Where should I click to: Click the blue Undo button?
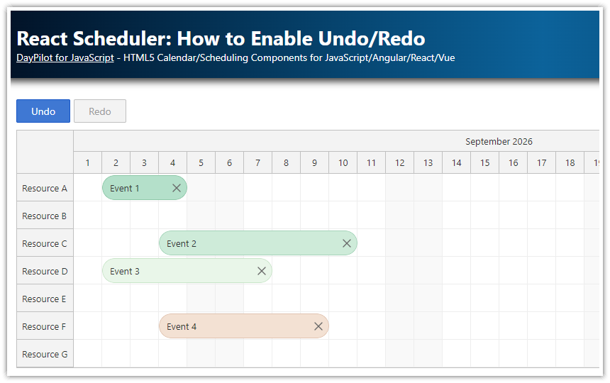tap(43, 111)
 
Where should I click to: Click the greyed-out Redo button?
tap(100, 111)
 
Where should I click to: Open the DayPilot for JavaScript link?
tap(65, 57)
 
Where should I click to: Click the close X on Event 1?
tap(177, 188)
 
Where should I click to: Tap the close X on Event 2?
tap(347, 243)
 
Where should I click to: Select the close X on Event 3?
tap(262, 271)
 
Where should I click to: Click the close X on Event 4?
tap(318, 326)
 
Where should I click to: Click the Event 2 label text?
tap(182, 243)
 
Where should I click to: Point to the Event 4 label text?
tap(182, 326)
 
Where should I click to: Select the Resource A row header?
tap(45, 188)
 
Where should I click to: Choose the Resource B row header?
tap(45, 216)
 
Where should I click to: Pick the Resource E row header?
tap(45, 299)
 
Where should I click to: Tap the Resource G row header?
tap(45, 354)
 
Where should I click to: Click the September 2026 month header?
tap(499, 141)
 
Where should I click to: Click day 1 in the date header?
tap(88, 162)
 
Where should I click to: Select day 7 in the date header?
tap(258, 162)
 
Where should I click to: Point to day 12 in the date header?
tap(400, 162)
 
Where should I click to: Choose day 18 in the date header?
tap(570, 162)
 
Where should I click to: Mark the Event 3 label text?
tap(125, 271)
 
